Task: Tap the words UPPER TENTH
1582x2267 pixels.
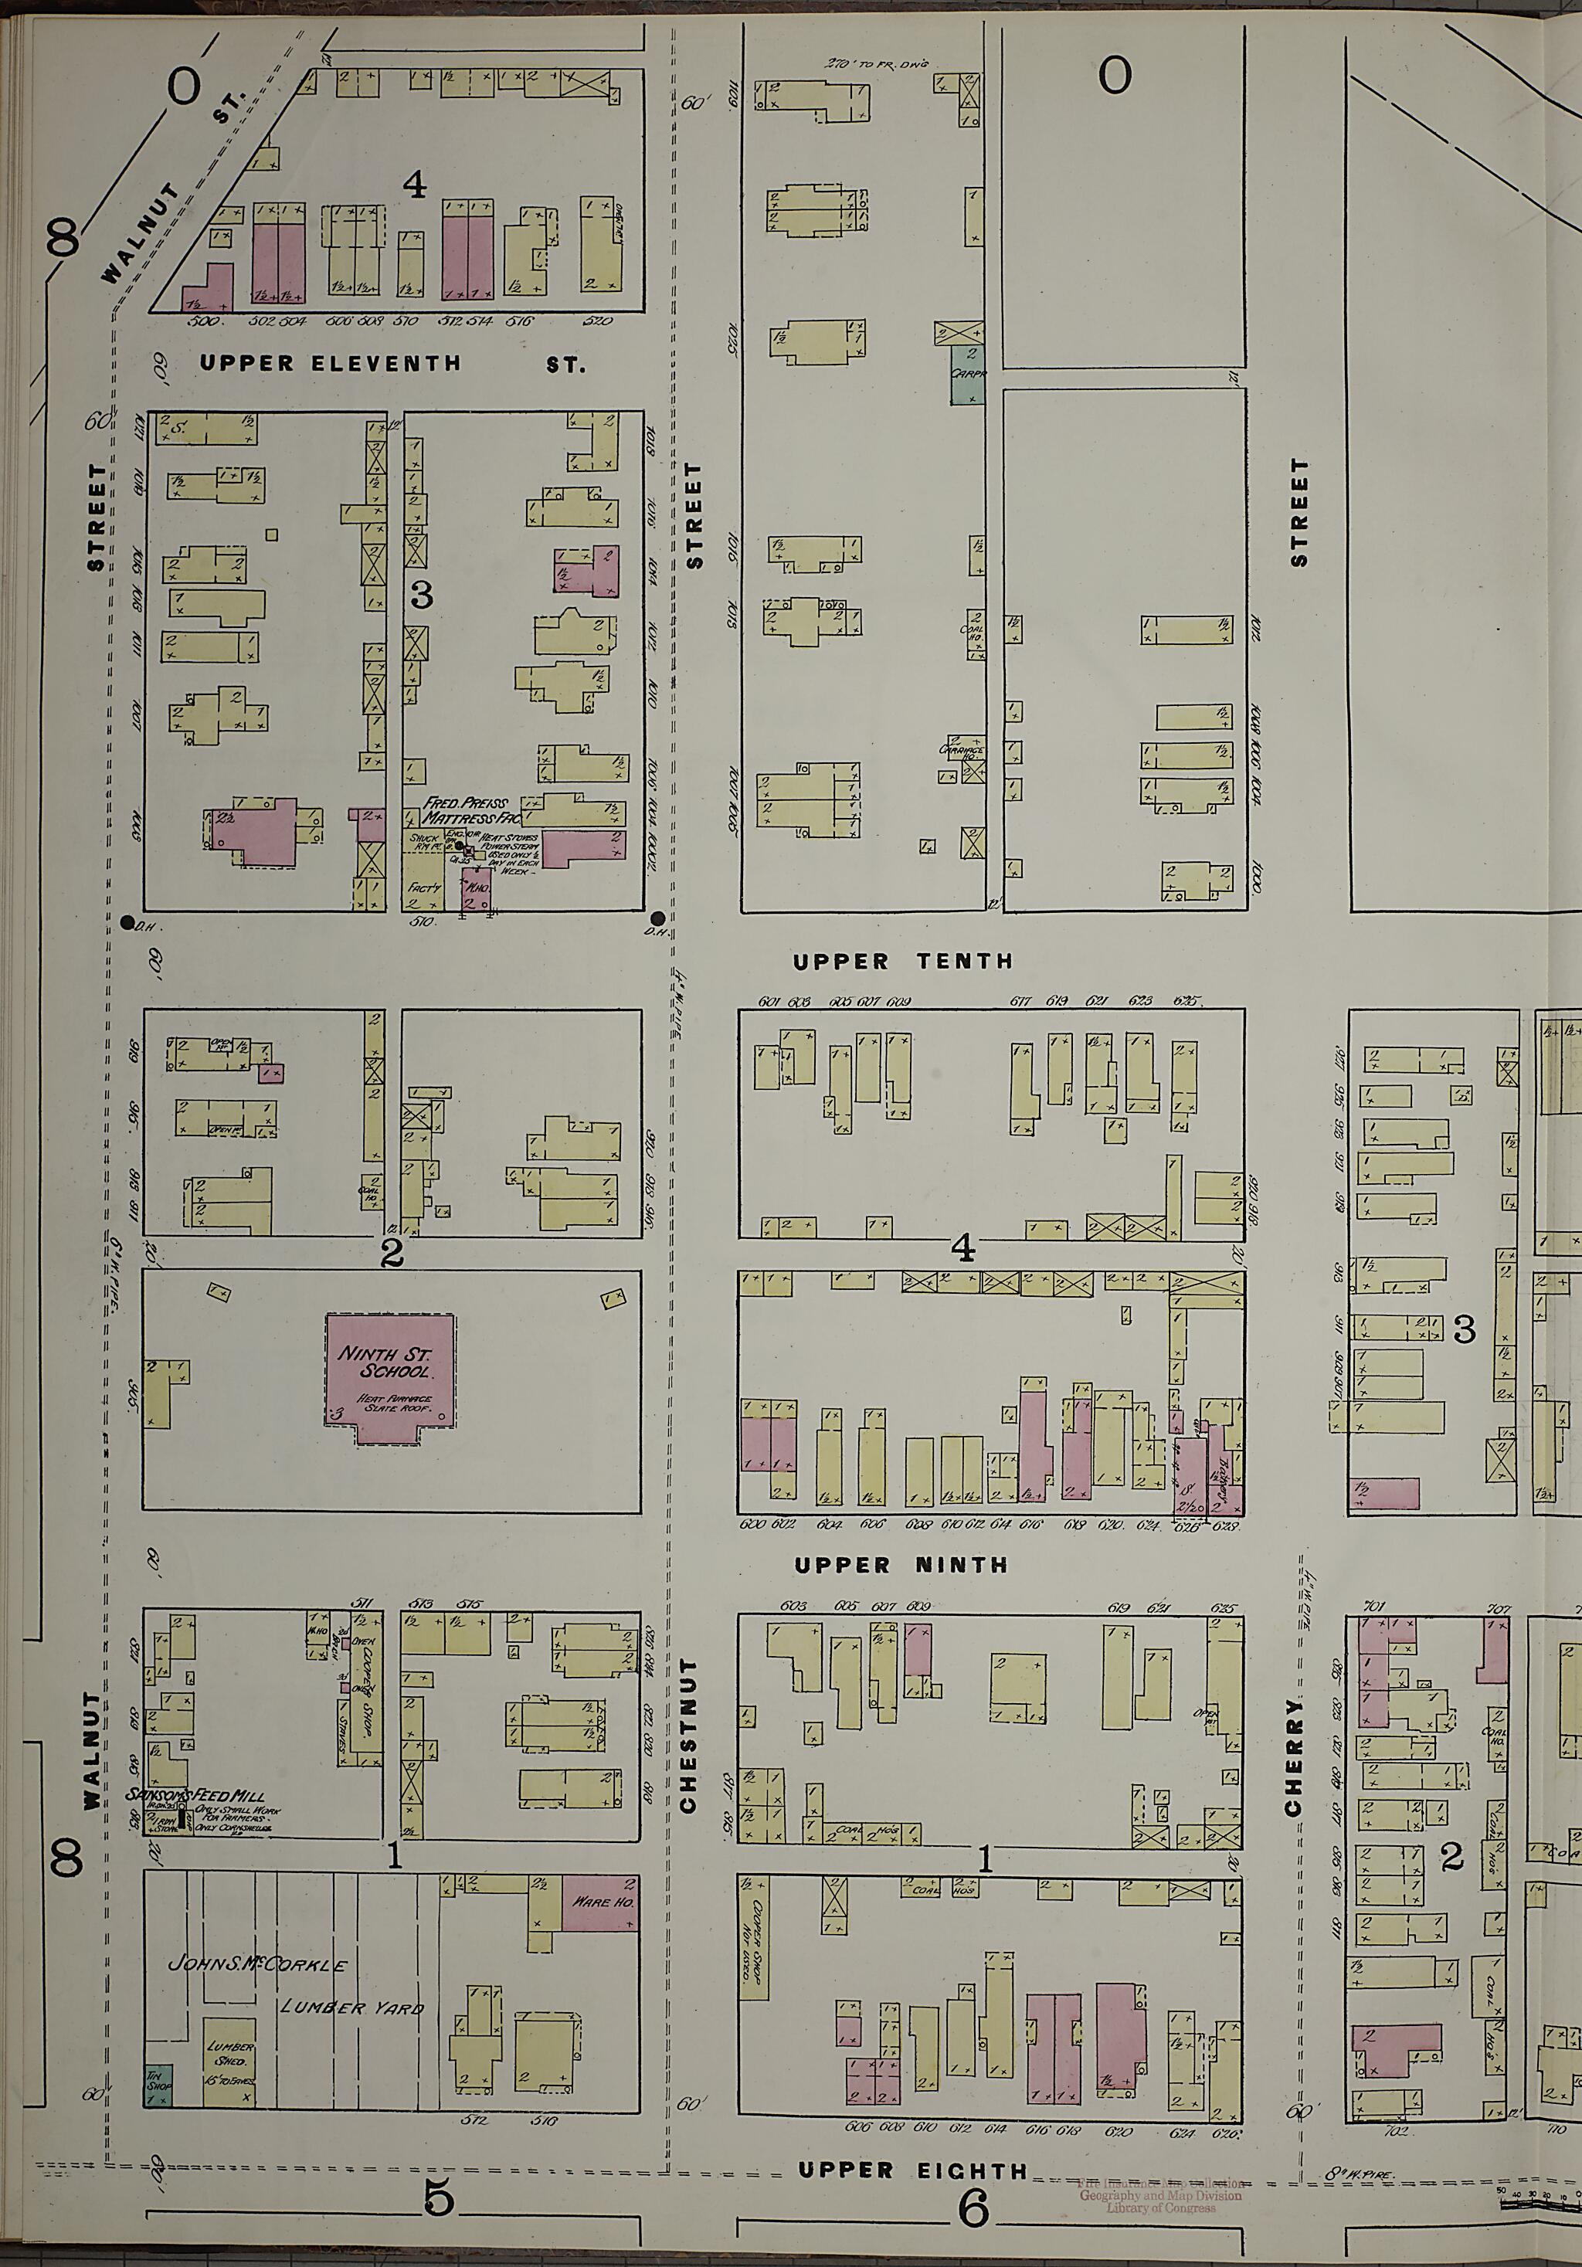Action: [902, 961]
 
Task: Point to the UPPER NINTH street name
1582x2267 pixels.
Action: [901, 1565]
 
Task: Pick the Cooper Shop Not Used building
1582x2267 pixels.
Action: [755, 1937]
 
